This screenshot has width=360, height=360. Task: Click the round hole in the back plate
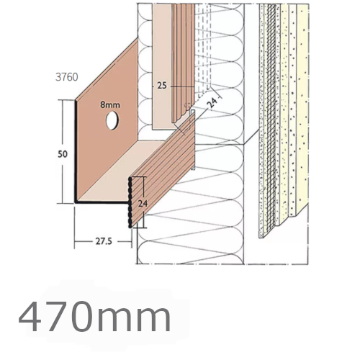[113, 122]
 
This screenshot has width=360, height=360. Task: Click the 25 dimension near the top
[163, 84]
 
